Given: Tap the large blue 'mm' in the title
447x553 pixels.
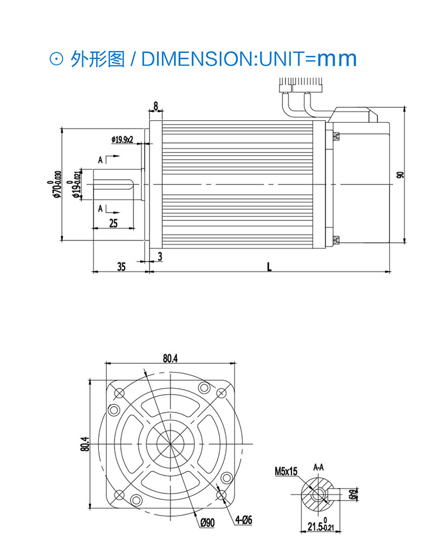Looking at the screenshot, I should tap(336, 58).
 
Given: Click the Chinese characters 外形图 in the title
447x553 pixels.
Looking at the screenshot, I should tap(97, 59).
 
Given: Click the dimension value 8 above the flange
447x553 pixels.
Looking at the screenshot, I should tap(156, 106).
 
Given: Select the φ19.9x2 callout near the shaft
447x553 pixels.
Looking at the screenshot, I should tap(122, 139).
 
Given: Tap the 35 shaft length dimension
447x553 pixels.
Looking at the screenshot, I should tap(121, 267).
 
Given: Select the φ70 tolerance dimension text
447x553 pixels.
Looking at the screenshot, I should tap(57, 185).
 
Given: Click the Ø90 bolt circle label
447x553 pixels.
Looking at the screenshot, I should tap(207, 522).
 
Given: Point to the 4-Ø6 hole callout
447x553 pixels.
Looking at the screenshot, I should tap(243, 520).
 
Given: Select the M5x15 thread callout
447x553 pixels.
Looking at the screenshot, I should tap(286, 471).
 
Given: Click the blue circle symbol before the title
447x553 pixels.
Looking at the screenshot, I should tap(56, 59).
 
